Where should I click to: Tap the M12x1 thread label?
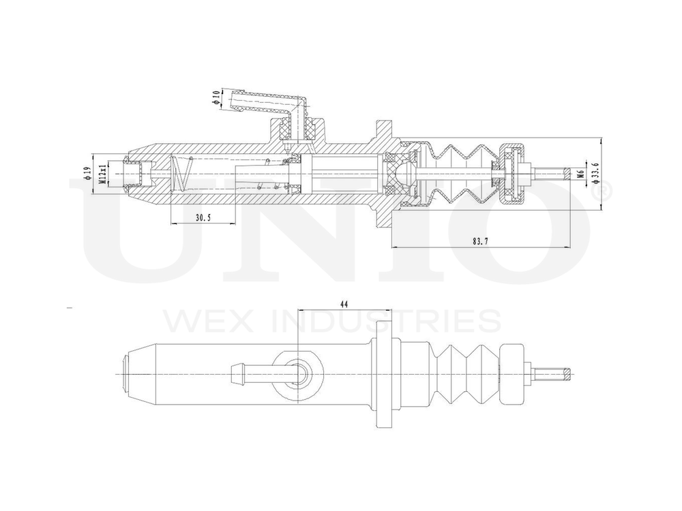pyautogui.click(x=103, y=173)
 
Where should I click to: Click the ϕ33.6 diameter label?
pyautogui.click(x=595, y=173)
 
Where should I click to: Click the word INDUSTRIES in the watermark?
pyautogui.click(x=387, y=320)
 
